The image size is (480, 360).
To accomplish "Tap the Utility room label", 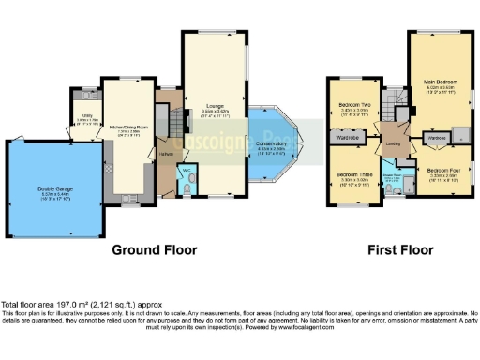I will click(83, 121).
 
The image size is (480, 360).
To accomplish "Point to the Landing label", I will click(391, 144).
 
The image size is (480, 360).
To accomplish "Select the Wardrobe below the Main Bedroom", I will click(438, 138).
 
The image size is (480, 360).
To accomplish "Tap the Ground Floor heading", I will click(154, 250).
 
